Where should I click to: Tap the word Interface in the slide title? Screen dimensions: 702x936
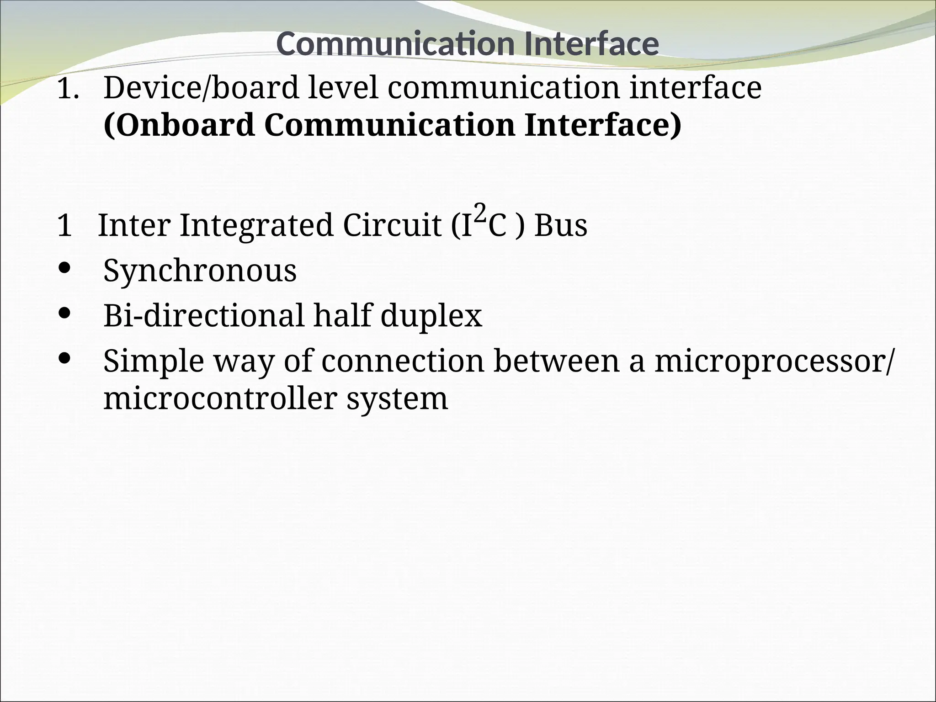(591, 44)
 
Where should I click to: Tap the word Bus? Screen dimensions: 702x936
(561, 225)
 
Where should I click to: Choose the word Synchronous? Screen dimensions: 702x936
(200, 271)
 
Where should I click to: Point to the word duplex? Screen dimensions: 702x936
(431, 316)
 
